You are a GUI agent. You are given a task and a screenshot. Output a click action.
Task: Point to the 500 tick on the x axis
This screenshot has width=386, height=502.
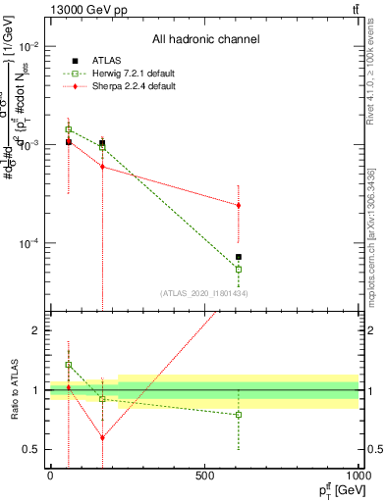[x=204, y=476]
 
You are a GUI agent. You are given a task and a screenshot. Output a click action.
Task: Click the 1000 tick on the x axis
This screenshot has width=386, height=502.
[x=358, y=476]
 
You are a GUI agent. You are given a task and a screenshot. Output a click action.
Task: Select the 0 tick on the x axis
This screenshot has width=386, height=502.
[x=50, y=476]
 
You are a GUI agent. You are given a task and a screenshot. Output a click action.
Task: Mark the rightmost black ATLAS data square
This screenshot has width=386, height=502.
[x=239, y=257]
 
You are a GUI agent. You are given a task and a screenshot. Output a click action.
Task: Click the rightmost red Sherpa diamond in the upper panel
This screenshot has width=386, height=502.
[x=239, y=205]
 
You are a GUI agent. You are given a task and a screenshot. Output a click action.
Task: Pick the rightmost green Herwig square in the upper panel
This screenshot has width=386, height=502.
[x=239, y=269]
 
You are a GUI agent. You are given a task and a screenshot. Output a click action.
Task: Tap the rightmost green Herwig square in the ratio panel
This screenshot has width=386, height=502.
[x=239, y=415]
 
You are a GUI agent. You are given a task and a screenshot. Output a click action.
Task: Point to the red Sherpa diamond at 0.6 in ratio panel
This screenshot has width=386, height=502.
[x=102, y=437]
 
